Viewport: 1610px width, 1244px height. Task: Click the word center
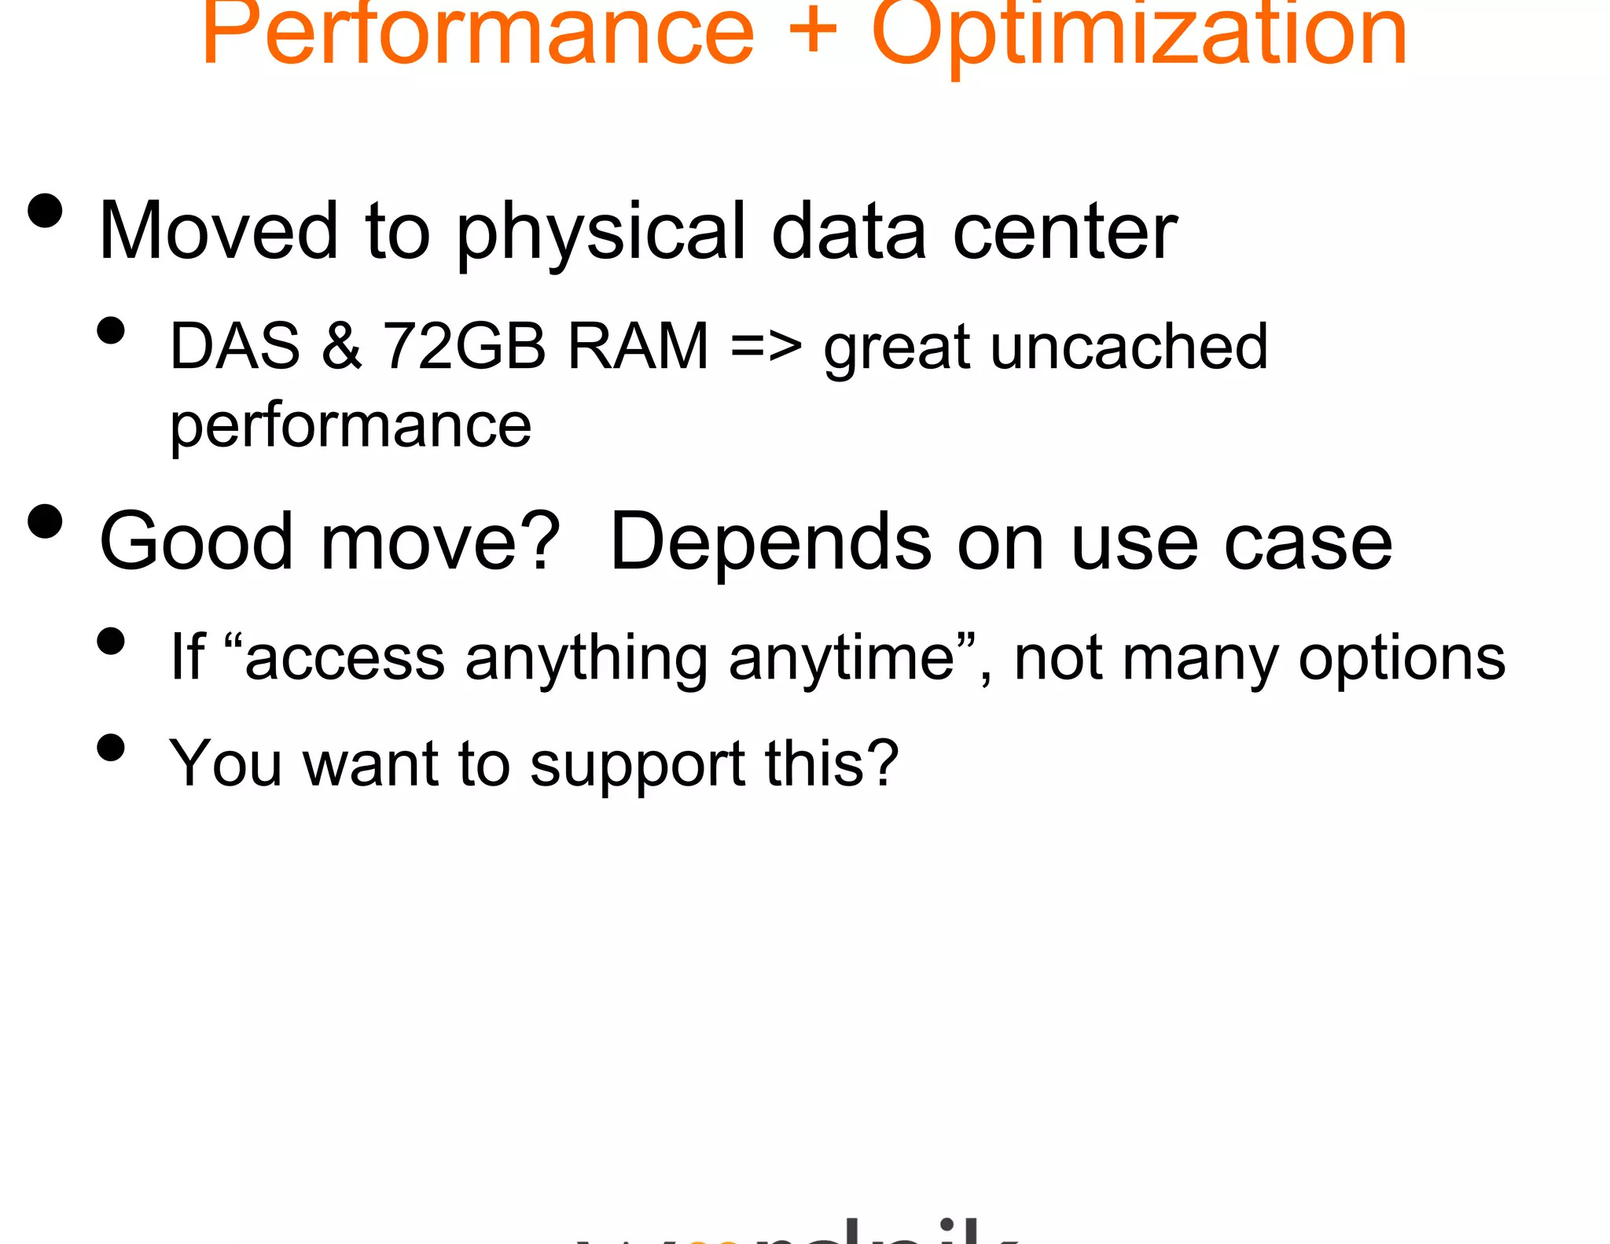coord(1065,232)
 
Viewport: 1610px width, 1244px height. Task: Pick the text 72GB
coord(464,346)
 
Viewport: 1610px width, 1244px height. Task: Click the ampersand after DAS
coord(342,346)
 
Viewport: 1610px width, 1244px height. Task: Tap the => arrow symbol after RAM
coord(766,346)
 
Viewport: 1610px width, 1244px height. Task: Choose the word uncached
coord(1129,346)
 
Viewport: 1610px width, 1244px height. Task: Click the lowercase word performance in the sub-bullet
coord(351,427)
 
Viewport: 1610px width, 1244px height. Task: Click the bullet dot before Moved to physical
coord(45,211)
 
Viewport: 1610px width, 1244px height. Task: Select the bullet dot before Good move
coord(45,521)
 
